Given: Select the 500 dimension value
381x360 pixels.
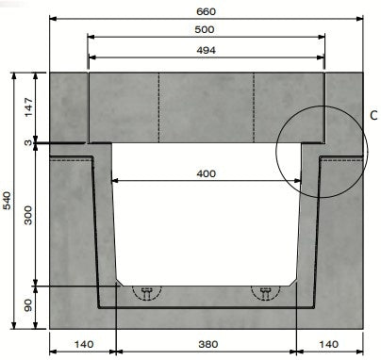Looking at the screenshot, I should (x=206, y=29).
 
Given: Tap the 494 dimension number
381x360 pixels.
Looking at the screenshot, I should (x=206, y=50).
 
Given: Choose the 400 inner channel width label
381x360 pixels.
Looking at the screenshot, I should (x=206, y=174).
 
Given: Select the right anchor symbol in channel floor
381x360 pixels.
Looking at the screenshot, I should (x=265, y=292).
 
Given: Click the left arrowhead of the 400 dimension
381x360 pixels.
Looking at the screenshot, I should (x=115, y=181).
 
